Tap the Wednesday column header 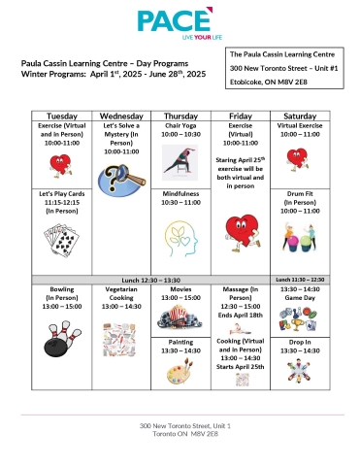coord(121,115)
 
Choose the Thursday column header coord(180,115)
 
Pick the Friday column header coord(240,115)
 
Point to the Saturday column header coord(300,115)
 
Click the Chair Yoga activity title coord(180,126)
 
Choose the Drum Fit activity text coord(301,193)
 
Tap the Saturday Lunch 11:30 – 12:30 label coord(301,280)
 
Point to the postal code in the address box coord(273,84)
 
